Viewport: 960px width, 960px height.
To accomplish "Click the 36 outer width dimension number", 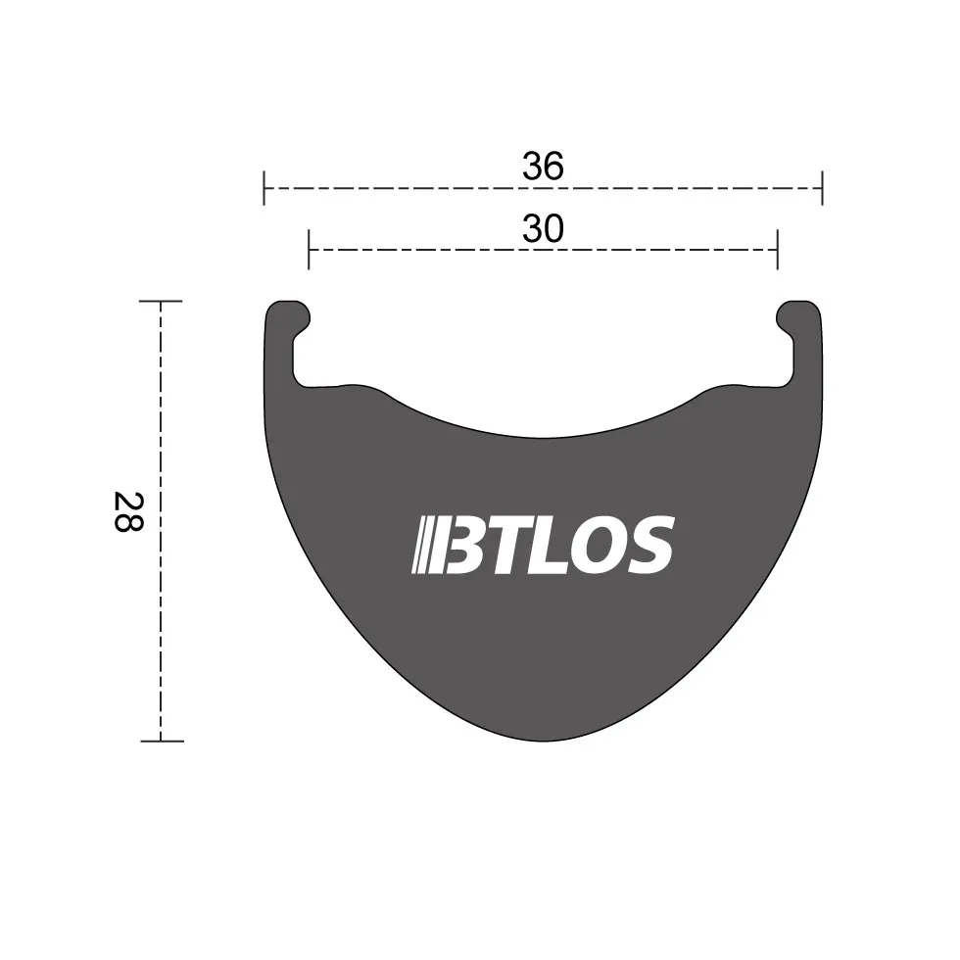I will click(543, 167).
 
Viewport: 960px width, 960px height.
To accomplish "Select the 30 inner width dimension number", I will click(543, 228).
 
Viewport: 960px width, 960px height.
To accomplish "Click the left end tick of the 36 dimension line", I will click(264, 187).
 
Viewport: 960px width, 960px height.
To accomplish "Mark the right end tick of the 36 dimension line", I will click(822, 187).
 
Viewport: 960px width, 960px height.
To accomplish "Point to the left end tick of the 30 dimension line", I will click(309, 249).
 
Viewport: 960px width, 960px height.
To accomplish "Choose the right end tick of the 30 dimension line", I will click(777, 249).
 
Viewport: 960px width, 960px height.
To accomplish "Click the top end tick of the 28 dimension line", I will click(161, 302).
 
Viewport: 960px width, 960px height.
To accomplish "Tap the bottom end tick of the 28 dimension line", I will click(161, 741).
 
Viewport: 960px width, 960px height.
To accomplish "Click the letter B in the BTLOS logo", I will click(467, 545).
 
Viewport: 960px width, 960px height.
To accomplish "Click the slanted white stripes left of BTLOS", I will click(424, 545).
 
